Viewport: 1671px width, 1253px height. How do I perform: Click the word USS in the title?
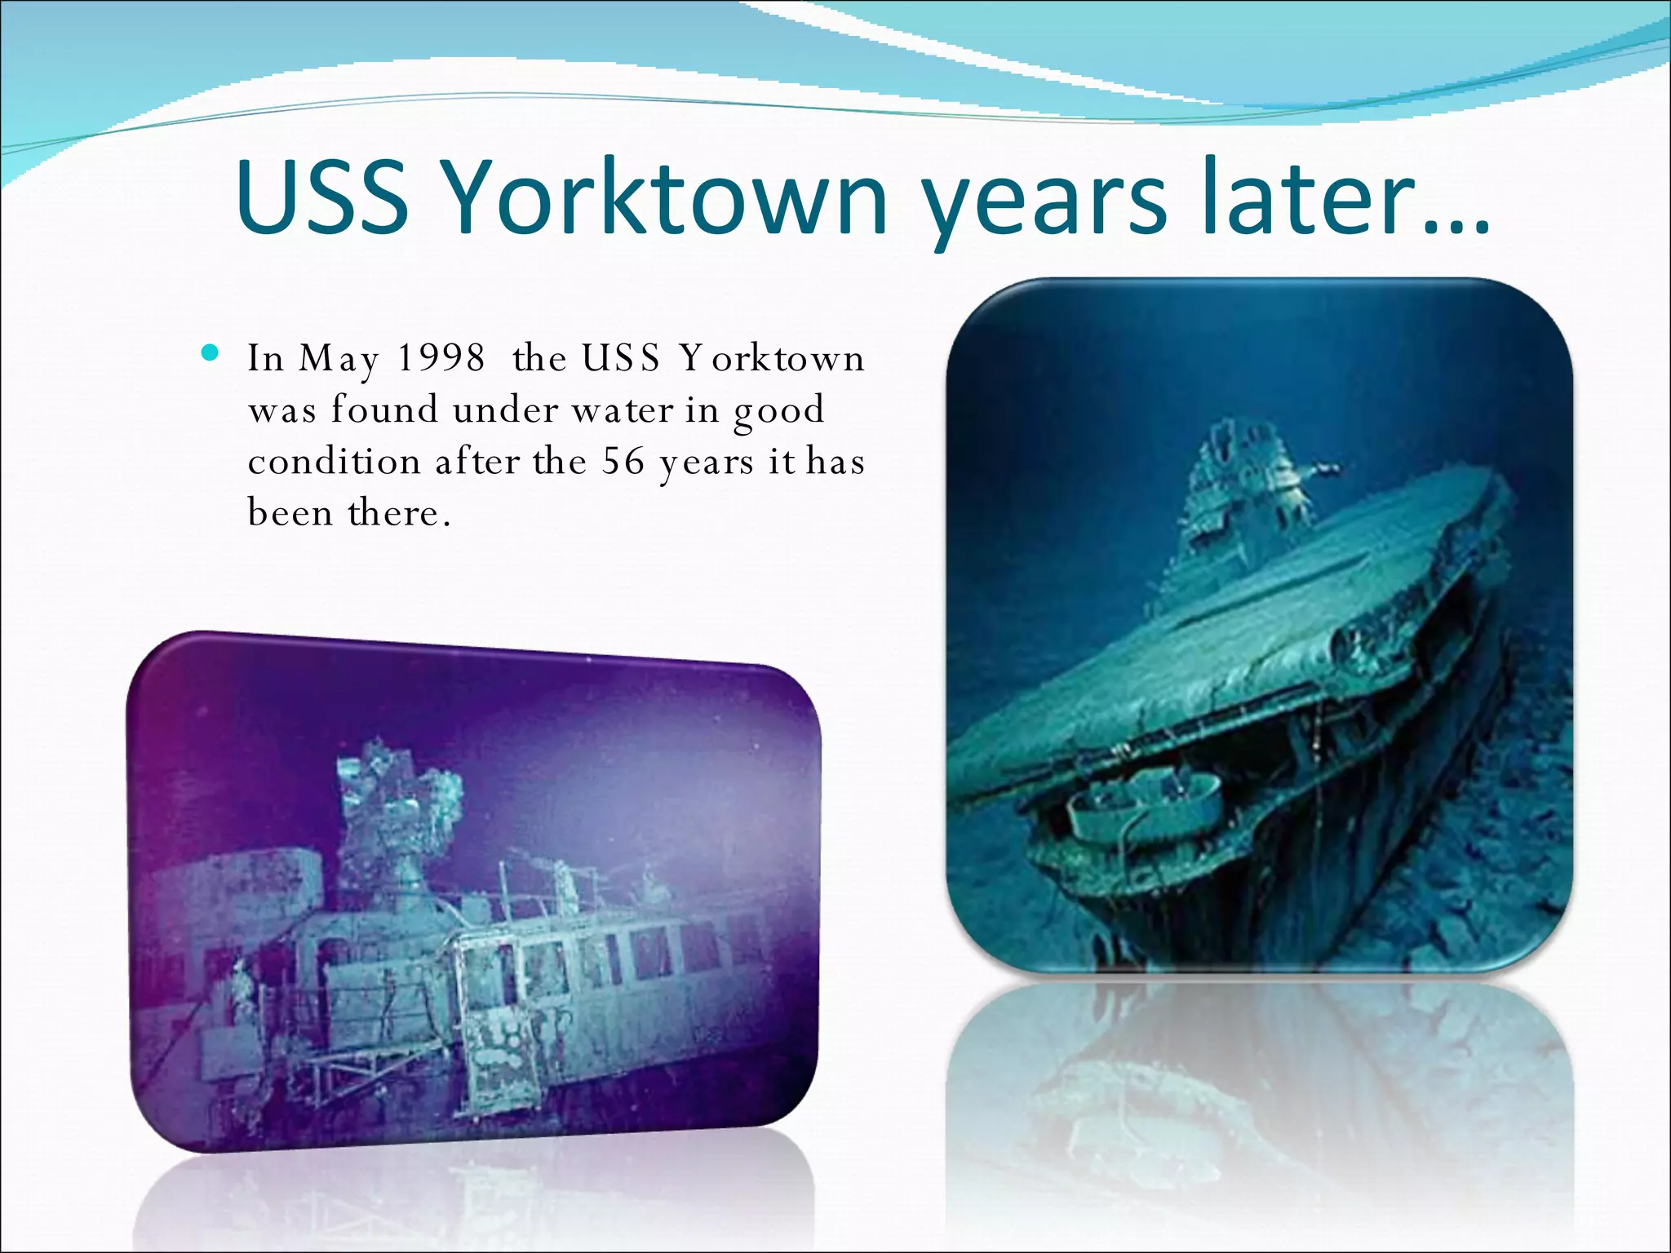pos(322,198)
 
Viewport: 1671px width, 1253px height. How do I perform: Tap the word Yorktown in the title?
pos(667,198)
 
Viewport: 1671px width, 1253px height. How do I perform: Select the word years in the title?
pos(1046,204)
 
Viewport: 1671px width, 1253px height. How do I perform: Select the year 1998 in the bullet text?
pos(441,358)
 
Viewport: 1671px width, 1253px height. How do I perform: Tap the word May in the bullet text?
pos(339,360)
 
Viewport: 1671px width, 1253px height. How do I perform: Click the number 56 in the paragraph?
pos(623,462)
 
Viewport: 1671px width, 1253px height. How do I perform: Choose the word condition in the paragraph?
pos(334,462)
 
